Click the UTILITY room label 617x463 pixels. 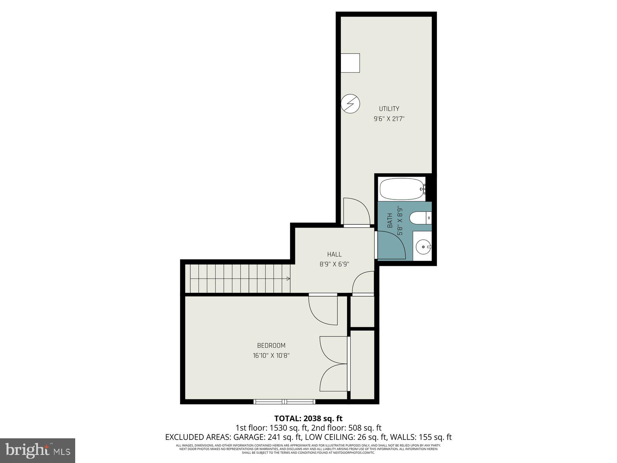[x=389, y=109]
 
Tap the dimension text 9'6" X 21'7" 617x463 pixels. [x=389, y=119]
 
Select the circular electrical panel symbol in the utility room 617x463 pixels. [x=351, y=104]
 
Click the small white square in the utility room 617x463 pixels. [x=350, y=63]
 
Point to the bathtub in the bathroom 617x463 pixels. [x=402, y=189]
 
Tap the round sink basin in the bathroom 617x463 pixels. [x=423, y=245]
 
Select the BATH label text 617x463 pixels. [x=390, y=220]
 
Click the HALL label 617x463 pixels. [x=334, y=254]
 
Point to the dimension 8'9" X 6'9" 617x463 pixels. [x=334, y=264]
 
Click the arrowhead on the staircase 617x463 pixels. [x=288, y=278]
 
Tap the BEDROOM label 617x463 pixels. [x=271, y=346]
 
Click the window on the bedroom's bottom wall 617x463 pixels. [x=284, y=402]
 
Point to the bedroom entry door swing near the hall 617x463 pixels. [x=323, y=310]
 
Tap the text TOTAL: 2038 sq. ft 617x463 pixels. [x=308, y=418]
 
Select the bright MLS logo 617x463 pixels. [x=38, y=449]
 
